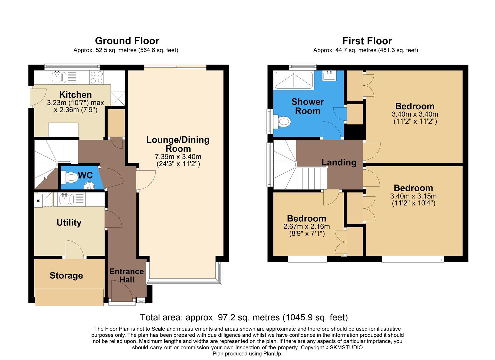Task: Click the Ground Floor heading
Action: pyautogui.click(x=127, y=41)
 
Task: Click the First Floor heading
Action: pyautogui.click(x=367, y=41)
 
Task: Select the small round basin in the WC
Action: pyautogui.click(x=89, y=185)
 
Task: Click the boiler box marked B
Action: pyautogui.click(x=38, y=200)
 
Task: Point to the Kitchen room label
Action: pyautogui.click(x=75, y=95)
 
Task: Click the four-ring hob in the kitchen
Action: pyautogui.click(x=97, y=78)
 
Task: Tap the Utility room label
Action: pyautogui.click(x=69, y=223)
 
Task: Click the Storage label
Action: pyautogui.click(x=66, y=276)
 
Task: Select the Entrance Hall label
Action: pyautogui.click(x=127, y=276)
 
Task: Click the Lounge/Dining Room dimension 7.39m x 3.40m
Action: pyautogui.click(x=178, y=157)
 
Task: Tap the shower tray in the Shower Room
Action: pyautogui.click(x=293, y=80)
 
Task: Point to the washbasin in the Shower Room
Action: pyautogui.click(x=330, y=76)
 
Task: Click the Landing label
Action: pyautogui.click(x=339, y=163)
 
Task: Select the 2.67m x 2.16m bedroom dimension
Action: pyautogui.click(x=306, y=227)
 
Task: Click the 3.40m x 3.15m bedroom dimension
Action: pyautogui.click(x=413, y=196)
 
